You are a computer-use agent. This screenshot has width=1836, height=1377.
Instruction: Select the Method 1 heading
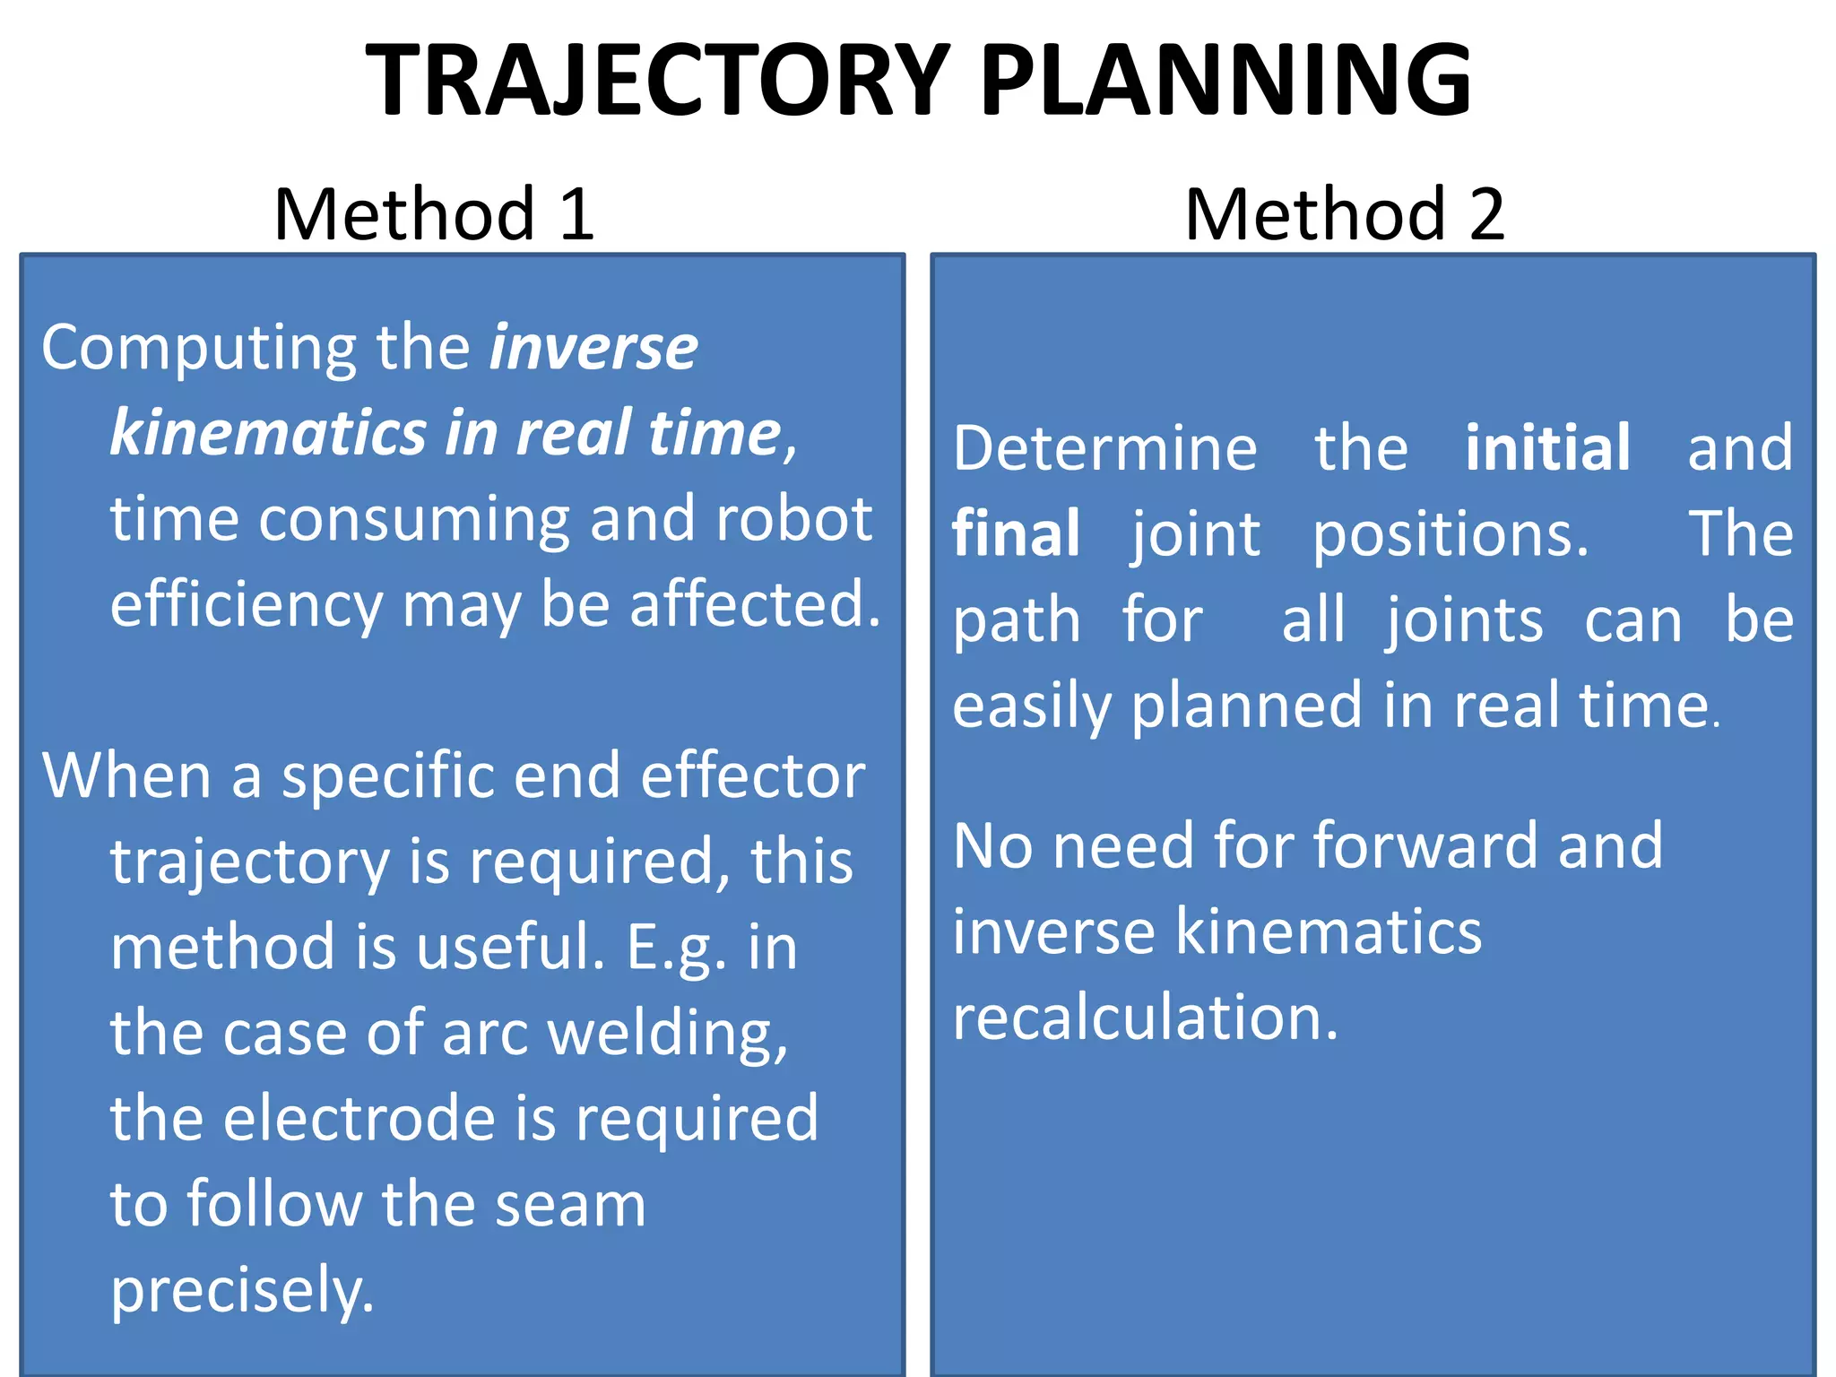click(435, 214)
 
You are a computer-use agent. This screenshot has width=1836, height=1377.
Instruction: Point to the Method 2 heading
click(1345, 214)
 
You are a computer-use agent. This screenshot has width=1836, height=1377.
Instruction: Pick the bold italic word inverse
click(593, 348)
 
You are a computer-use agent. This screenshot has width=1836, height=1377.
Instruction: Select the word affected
click(755, 605)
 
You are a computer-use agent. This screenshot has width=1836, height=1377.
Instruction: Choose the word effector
click(753, 776)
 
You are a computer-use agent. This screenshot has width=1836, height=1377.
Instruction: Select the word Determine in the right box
click(1105, 448)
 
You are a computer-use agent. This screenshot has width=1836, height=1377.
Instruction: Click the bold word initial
click(1547, 448)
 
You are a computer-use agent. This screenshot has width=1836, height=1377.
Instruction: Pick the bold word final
click(1016, 534)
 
